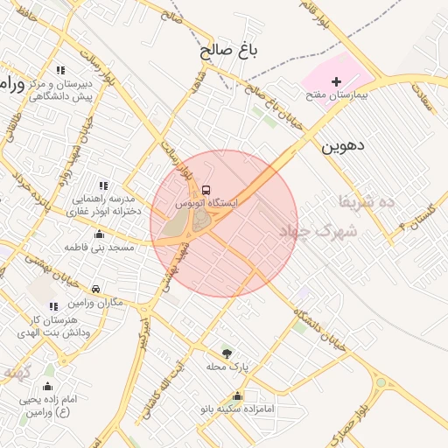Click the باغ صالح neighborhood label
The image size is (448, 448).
(230, 51)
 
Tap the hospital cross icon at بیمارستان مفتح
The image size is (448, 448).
(337, 80)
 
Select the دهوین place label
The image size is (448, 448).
(340, 145)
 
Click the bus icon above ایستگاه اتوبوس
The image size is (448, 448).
(206, 189)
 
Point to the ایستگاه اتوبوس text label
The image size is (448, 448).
(206, 202)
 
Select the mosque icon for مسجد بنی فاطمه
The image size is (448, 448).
(98, 234)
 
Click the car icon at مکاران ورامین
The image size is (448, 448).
(95, 289)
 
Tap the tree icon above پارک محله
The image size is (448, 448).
(227, 353)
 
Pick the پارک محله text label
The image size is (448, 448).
(227, 367)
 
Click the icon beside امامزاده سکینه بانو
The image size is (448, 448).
(238, 396)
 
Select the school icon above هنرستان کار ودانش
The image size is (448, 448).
(53, 306)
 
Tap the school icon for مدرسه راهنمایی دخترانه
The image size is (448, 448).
(103, 185)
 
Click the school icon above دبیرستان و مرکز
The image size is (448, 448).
(59, 70)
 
